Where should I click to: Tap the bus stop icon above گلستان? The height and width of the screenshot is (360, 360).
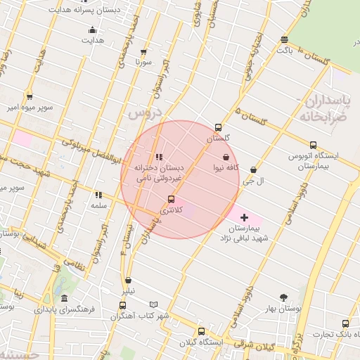coord(218,128)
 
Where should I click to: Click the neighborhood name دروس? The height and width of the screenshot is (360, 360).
coord(146,112)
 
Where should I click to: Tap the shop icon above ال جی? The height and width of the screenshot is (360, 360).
coord(253,169)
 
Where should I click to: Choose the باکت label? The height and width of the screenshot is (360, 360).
coord(284,50)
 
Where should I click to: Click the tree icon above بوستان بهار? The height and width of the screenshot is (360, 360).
coord(284,297)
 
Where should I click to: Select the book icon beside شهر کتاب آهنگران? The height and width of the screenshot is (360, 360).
coord(154,305)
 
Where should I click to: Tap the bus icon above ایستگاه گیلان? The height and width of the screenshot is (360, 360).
coord(202,331)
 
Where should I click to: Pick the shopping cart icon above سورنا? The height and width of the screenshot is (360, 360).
coord(144,52)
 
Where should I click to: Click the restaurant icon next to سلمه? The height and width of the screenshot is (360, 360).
coord(98,195)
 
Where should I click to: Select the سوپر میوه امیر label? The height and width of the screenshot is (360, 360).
coord(27,108)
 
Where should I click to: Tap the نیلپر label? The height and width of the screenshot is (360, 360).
coord(127,290)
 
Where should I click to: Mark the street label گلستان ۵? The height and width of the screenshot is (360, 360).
coord(254,117)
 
